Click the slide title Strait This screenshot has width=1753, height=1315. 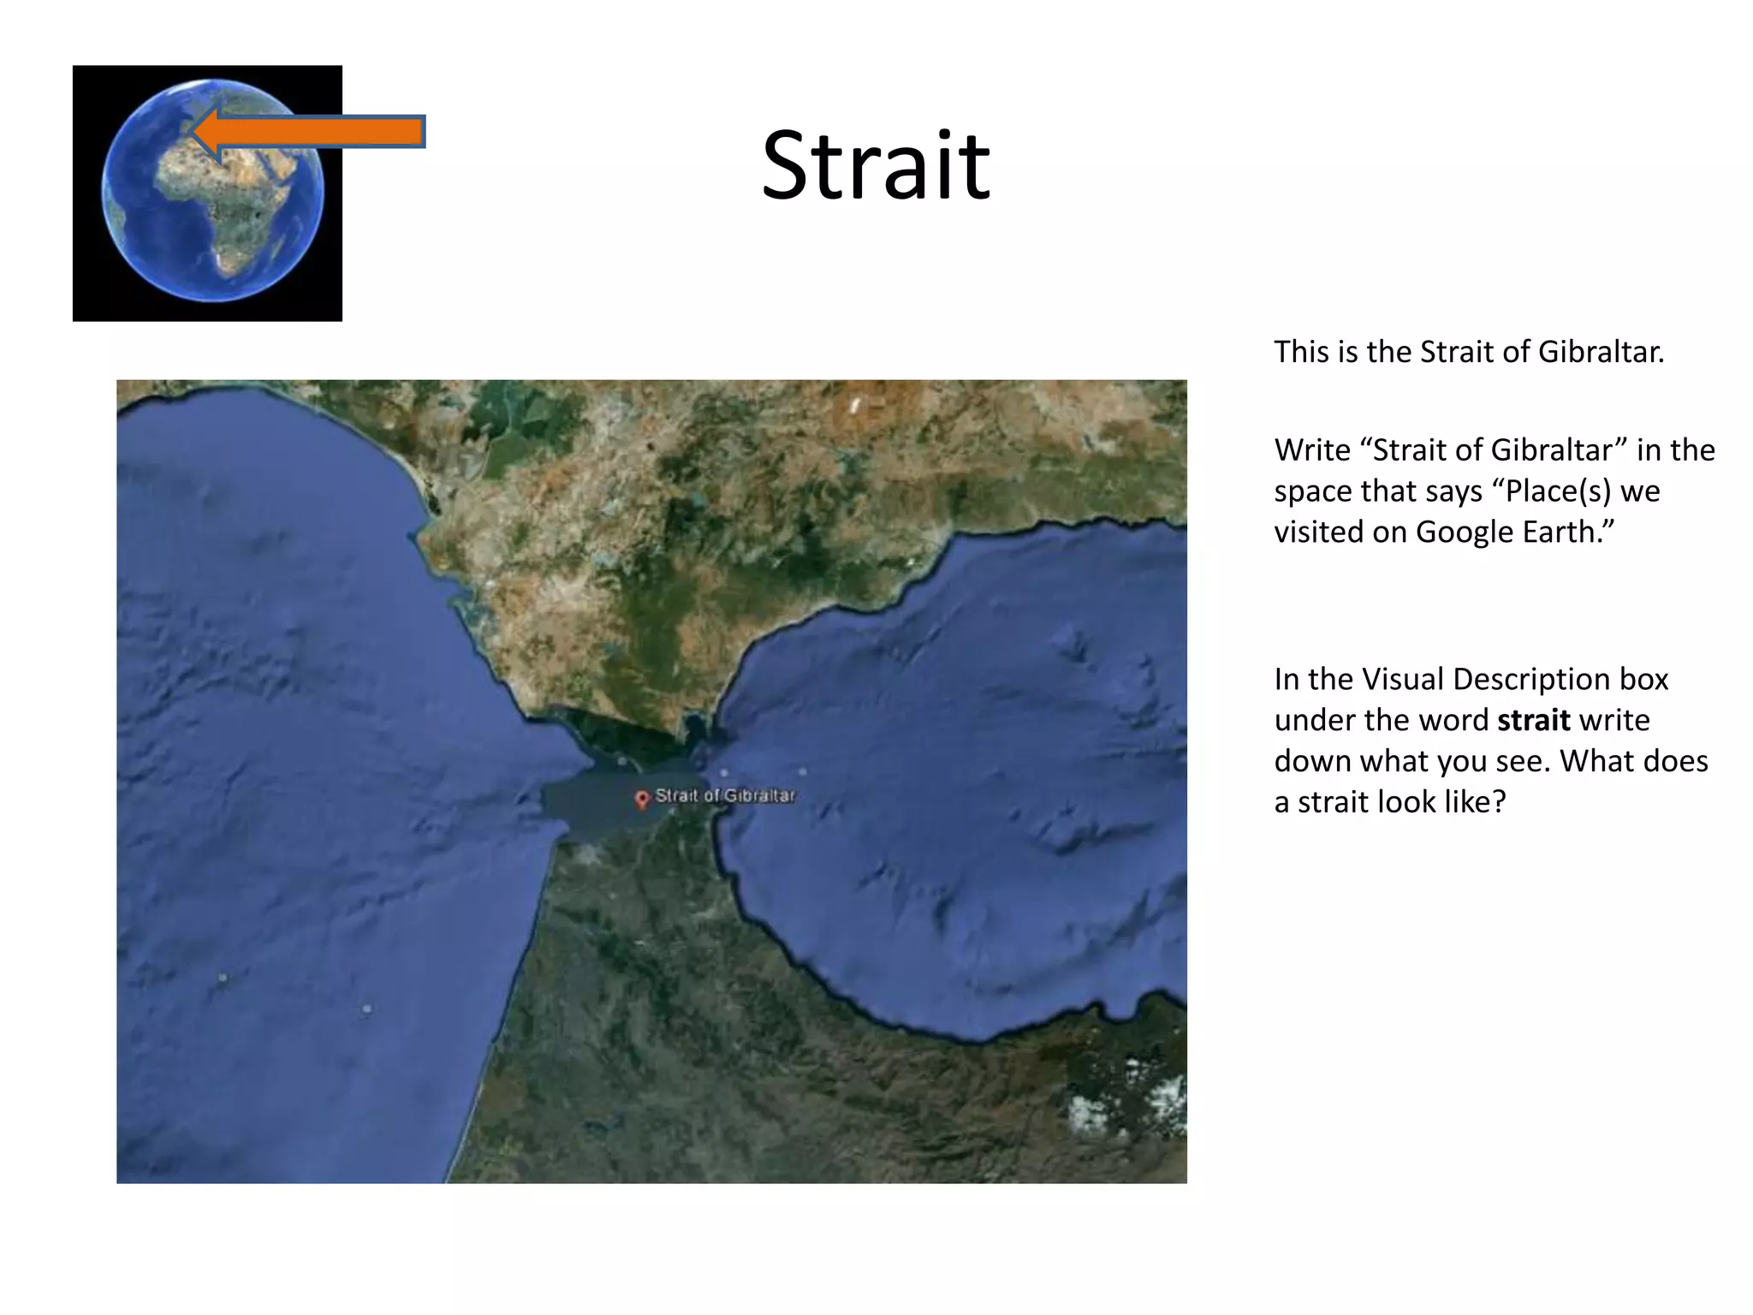click(875, 165)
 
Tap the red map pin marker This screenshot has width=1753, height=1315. click(642, 800)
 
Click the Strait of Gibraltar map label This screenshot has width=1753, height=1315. click(725, 795)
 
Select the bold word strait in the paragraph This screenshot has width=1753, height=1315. click(1533, 720)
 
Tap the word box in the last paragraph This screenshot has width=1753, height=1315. click(1643, 679)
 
